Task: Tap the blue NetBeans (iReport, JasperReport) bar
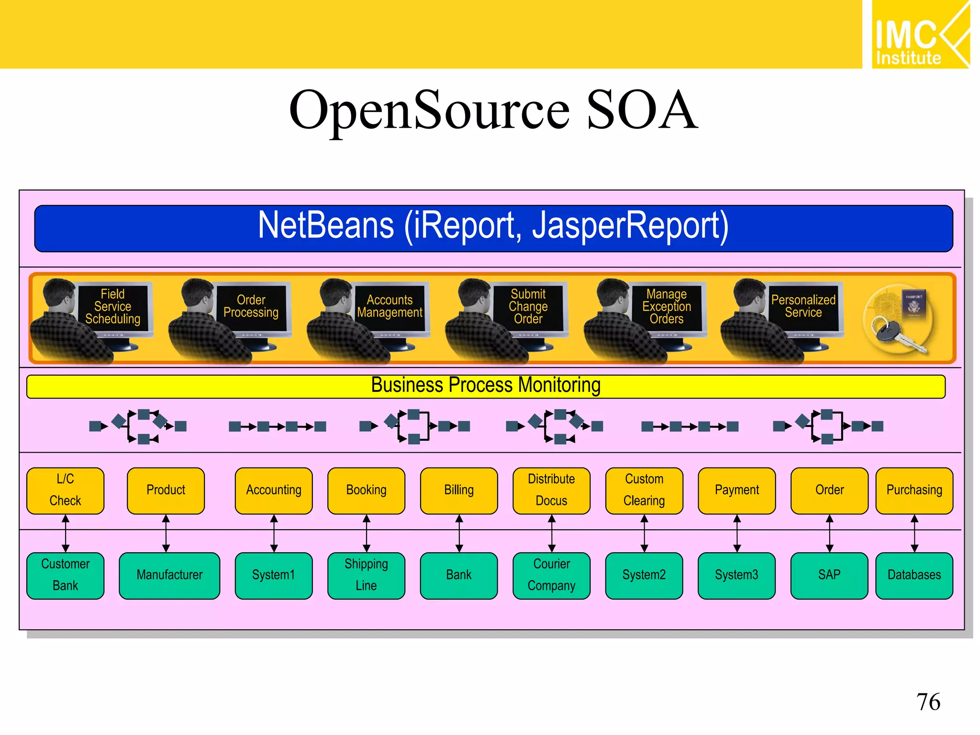coord(493,228)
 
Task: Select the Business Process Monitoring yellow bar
coord(485,386)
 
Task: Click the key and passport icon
coord(899,320)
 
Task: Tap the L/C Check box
coord(66,490)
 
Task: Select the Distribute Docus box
coord(551,490)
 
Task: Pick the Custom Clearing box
coord(644,490)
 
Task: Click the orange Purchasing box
coord(914,490)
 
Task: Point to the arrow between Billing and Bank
coord(459,534)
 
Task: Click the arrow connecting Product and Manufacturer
coord(166,534)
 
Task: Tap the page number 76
coord(928,702)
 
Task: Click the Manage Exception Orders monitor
coord(667,307)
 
